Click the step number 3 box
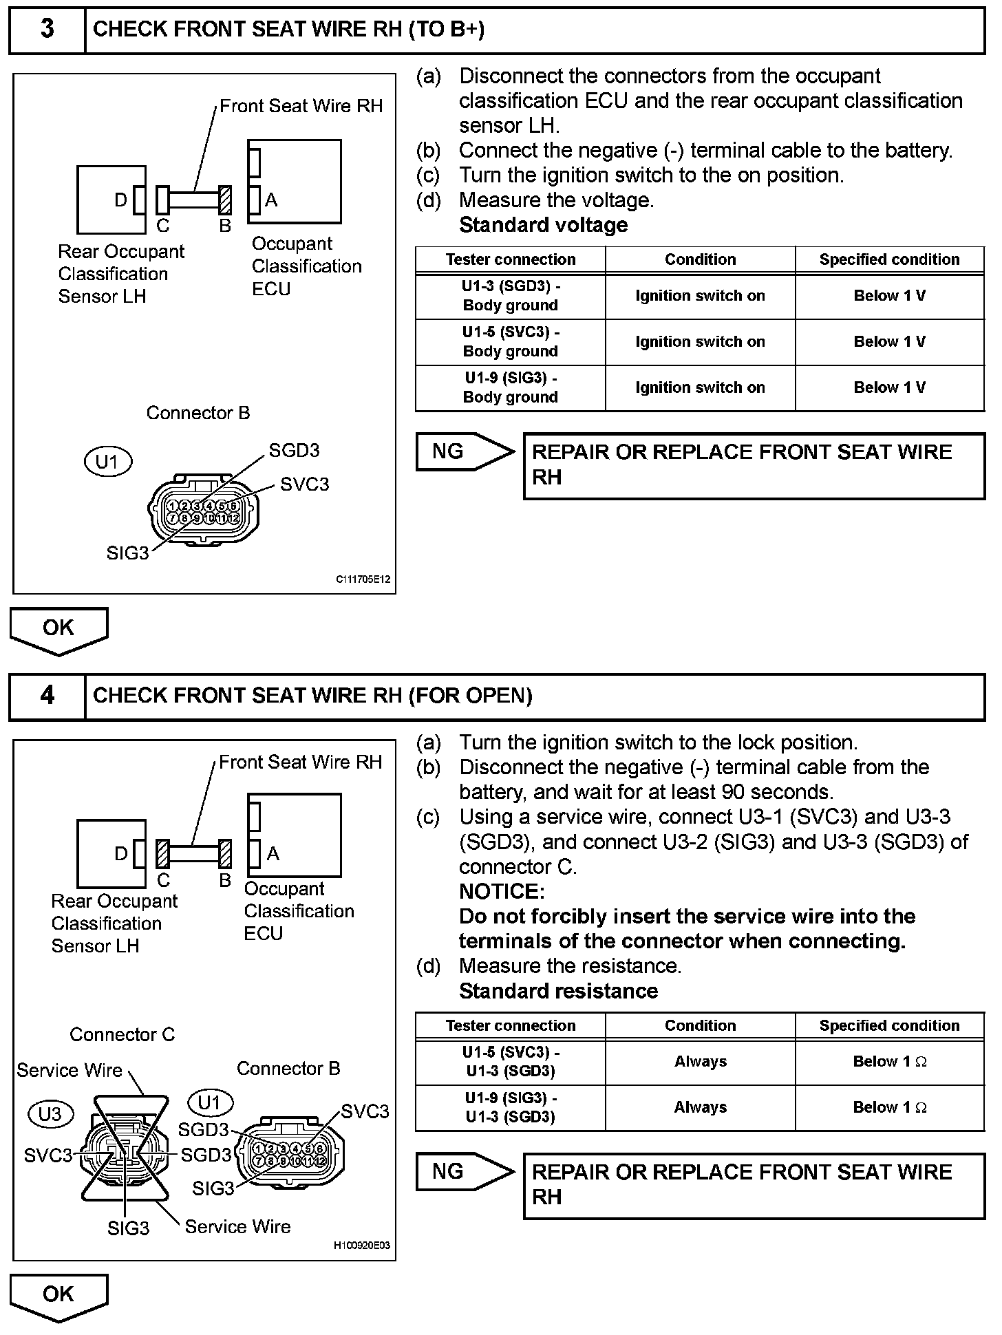pos(47,29)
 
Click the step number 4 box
pos(47,696)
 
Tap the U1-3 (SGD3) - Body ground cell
pos(510,296)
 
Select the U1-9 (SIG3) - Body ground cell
pos(510,387)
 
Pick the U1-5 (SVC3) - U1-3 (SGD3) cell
pos(510,1062)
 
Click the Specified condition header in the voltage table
pos(889,259)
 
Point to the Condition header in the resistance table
pos(700,1025)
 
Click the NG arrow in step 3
pos(465,451)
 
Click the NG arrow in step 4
pos(465,1171)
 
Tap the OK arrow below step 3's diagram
pos(58,629)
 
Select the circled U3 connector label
pos(50,1113)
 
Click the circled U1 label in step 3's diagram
pos(107,462)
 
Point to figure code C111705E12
pos(363,579)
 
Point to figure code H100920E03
pos(361,1245)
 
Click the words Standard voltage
pos(543,225)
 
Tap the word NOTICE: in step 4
pos(502,892)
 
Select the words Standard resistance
pos(558,991)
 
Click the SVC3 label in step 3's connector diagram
pos(304,484)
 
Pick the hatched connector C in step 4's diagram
pos(162,854)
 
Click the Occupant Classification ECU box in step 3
pos(295,182)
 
